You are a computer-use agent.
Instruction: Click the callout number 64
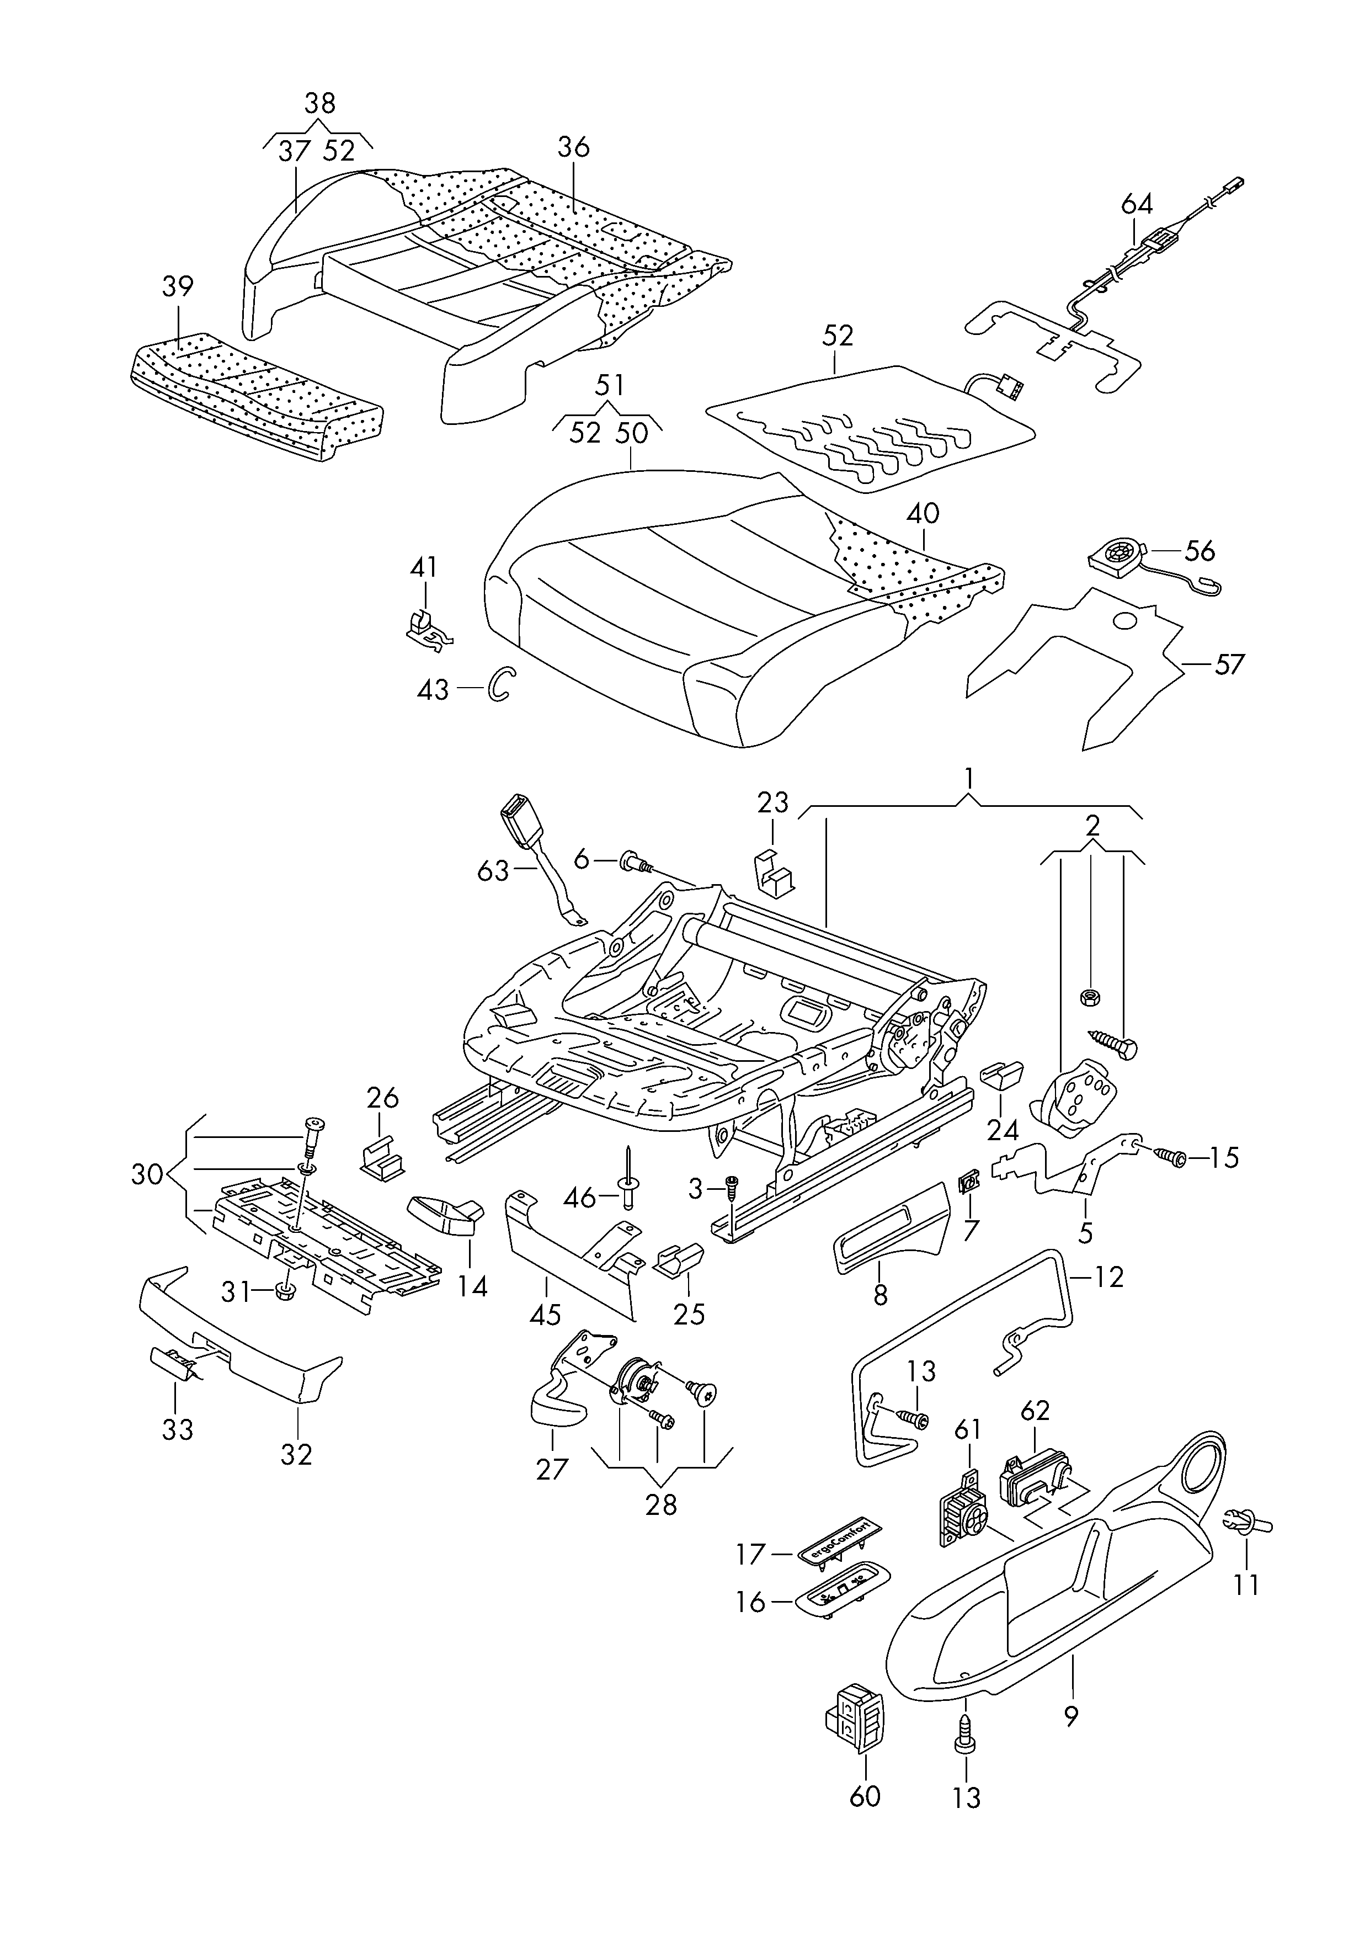point(1136,204)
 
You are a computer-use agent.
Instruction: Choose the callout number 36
point(574,147)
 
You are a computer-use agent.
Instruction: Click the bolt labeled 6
point(633,861)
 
